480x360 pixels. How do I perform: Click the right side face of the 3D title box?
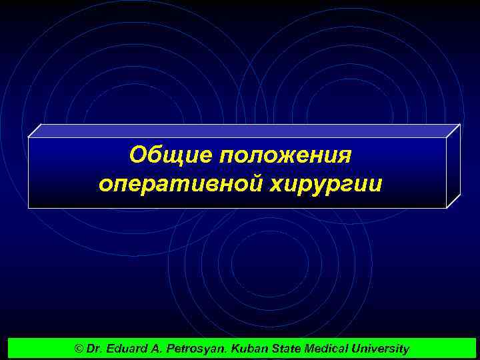click(x=453, y=166)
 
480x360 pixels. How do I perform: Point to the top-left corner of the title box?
click(x=29, y=138)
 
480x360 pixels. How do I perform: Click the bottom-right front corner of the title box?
click(x=445, y=208)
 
